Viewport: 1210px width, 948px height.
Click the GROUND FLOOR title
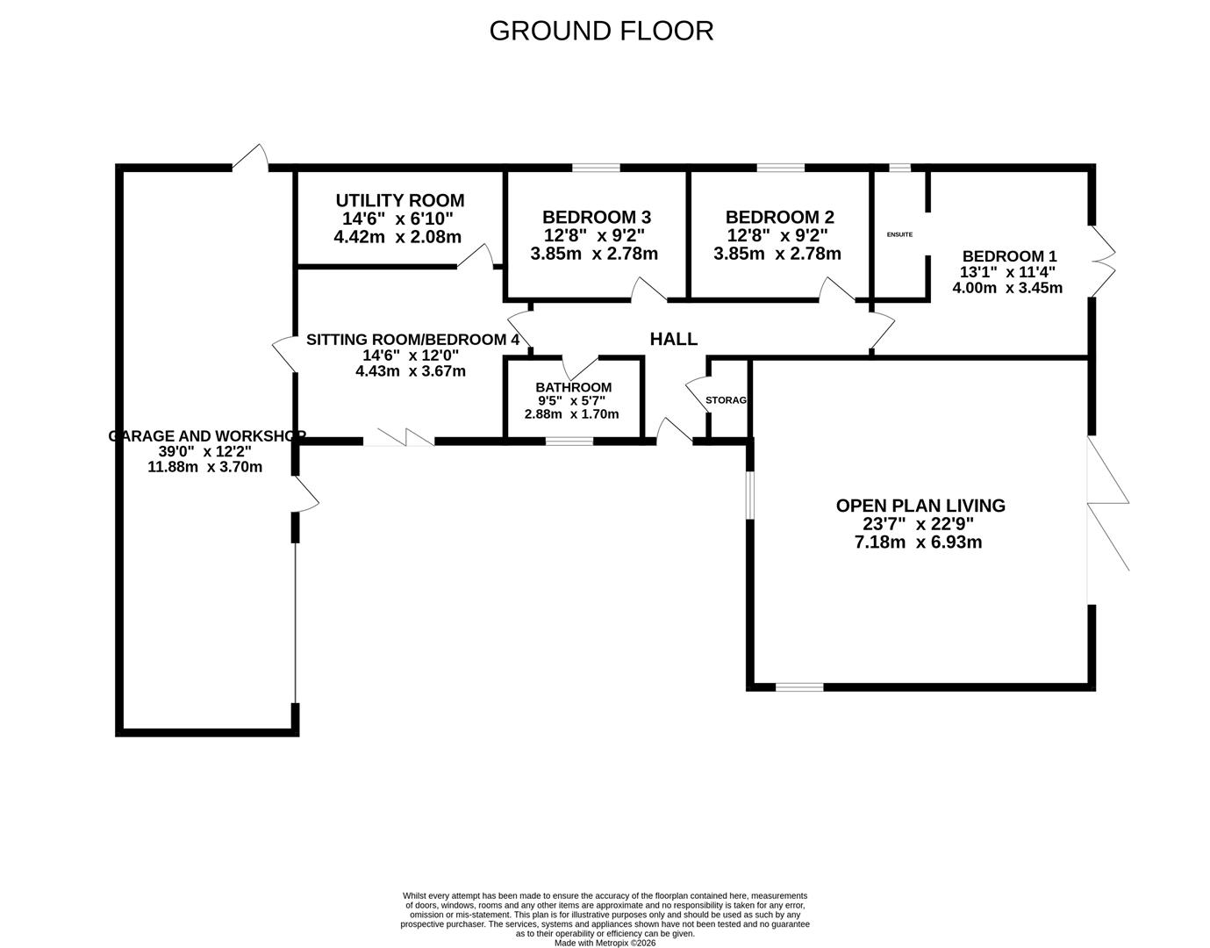[x=601, y=31]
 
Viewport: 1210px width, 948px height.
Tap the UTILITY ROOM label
[x=399, y=201]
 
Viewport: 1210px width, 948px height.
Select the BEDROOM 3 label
[x=596, y=217]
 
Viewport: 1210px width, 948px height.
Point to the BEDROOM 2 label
[x=779, y=217]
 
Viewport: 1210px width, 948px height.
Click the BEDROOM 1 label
[x=1009, y=256]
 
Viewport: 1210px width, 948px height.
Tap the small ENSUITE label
[x=899, y=234]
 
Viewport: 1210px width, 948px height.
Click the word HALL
[x=673, y=339]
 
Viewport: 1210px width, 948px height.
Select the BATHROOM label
[x=573, y=387]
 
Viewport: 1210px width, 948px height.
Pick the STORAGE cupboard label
[x=727, y=400]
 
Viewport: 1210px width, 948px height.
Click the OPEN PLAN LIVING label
[x=920, y=506]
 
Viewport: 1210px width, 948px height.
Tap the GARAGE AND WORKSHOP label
[x=206, y=435]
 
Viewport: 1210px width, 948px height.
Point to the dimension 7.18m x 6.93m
[x=918, y=542]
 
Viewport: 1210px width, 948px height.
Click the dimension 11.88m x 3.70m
[x=205, y=467]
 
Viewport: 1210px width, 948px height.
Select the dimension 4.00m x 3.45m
[x=1007, y=288]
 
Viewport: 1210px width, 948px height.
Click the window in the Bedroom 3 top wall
[x=596, y=168]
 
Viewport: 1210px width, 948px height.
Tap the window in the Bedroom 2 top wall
[x=780, y=168]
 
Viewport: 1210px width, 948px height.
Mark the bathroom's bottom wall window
[x=569, y=441]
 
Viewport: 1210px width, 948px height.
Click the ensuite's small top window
[x=899, y=168]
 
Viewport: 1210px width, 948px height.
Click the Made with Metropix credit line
[x=605, y=943]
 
